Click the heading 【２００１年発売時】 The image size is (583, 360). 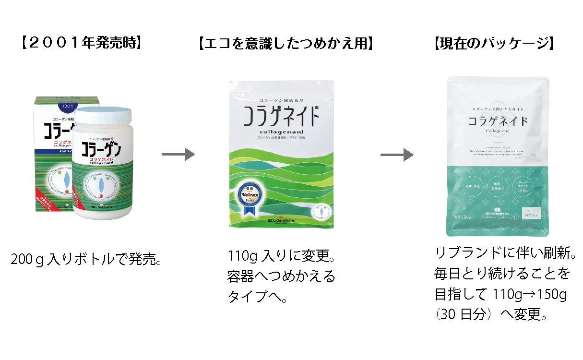[x=81, y=44]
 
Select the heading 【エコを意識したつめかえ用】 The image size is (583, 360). [x=286, y=44]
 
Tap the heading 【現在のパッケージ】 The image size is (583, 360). [x=494, y=44]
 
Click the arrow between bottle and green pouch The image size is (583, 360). [x=178, y=155]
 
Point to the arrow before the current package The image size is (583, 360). [x=397, y=155]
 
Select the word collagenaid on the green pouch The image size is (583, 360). [x=280, y=132]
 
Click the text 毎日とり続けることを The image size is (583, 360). [x=502, y=274]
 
